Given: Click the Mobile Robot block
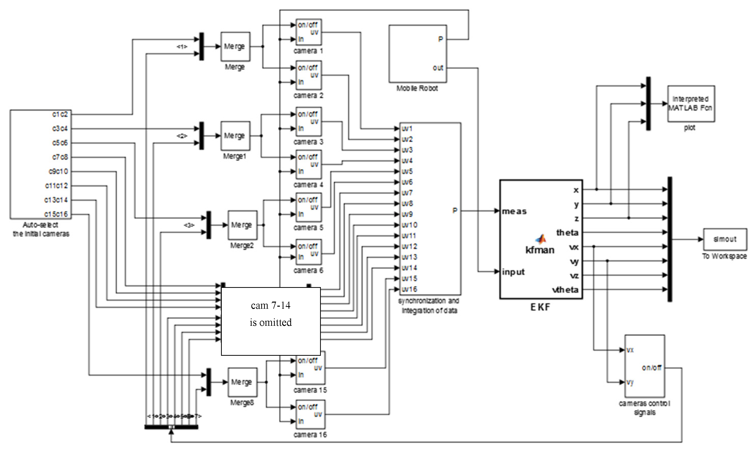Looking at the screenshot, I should pos(418,54).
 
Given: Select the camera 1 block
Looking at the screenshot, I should pos(308,32).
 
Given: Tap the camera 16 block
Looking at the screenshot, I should pos(310,414).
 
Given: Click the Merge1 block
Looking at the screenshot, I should pos(235,136).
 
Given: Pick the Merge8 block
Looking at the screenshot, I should pos(242,382).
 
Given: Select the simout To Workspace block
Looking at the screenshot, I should pos(725,239).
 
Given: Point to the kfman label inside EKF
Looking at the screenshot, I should pos(540,250).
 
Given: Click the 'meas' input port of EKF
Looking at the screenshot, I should pos(514,211).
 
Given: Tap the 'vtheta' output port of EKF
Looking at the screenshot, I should pos(566,289).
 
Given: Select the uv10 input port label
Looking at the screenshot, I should pos(409,225).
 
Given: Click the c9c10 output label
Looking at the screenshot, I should pos(59,171).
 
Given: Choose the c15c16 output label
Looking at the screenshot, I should pos(56,214).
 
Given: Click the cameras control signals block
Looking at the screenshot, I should pos(645,366).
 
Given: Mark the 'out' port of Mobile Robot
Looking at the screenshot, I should pos(438,68).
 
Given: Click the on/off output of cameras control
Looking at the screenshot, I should pos(652,367).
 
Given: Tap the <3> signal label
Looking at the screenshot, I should pos(189,225).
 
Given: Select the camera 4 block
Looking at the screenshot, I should pos(308,164).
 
